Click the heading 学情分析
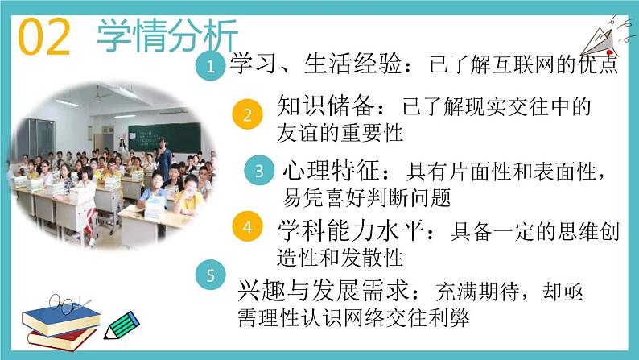167,35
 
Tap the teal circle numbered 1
210,68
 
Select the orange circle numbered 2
248,114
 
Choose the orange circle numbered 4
248,227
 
